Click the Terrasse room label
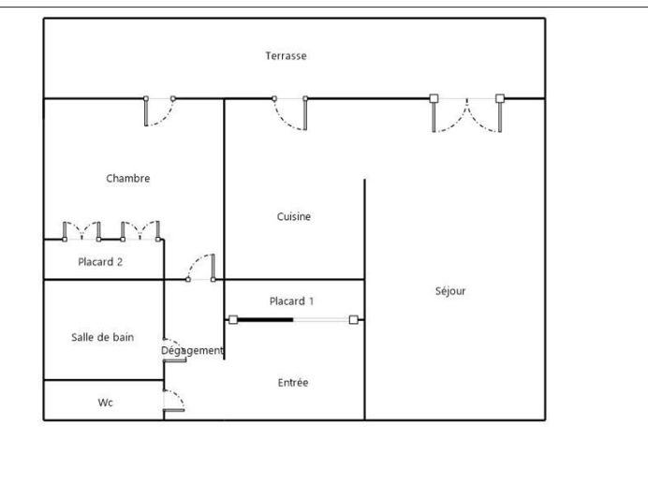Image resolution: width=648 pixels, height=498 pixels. click(x=286, y=56)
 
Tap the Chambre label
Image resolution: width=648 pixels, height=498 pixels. click(x=127, y=179)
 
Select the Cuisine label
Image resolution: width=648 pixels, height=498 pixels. click(x=293, y=217)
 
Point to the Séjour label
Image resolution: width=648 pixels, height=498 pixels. click(x=450, y=291)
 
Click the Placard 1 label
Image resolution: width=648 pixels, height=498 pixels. click(x=291, y=301)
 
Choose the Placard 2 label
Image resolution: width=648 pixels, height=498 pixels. click(x=100, y=262)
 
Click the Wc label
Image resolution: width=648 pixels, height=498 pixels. click(x=106, y=403)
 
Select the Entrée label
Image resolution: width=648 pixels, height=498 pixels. click(x=293, y=383)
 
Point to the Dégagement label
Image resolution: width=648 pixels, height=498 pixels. click(x=192, y=351)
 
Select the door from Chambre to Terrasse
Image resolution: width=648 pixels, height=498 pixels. click(x=158, y=111)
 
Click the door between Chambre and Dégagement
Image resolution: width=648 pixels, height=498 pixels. click(x=201, y=268)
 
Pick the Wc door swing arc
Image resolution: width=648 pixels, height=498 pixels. click(x=175, y=400)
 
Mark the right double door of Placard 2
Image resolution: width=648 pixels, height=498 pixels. click(x=140, y=230)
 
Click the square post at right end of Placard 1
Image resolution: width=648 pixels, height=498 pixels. click(x=353, y=320)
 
